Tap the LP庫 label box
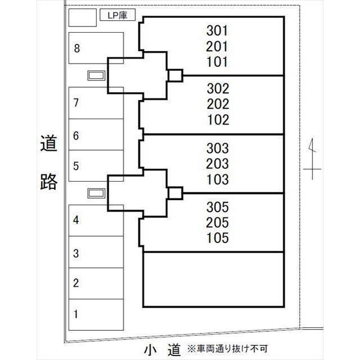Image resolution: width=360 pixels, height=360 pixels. click(x=118, y=16)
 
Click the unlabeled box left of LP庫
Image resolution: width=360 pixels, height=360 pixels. click(x=82, y=17)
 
